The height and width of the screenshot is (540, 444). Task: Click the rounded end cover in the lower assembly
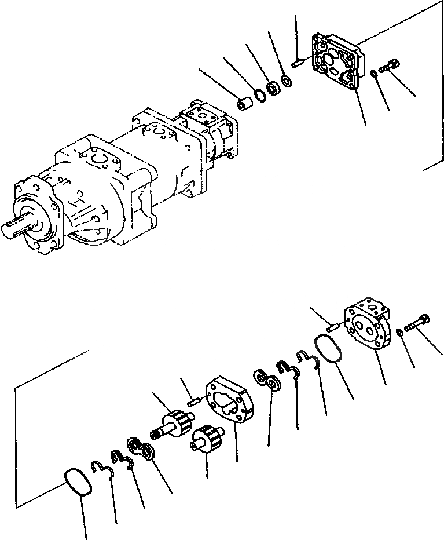[x=366, y=327]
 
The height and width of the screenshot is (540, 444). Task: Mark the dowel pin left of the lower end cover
[x=332, y=327]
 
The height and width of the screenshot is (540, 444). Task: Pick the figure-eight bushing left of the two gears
[x=142, y=450]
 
